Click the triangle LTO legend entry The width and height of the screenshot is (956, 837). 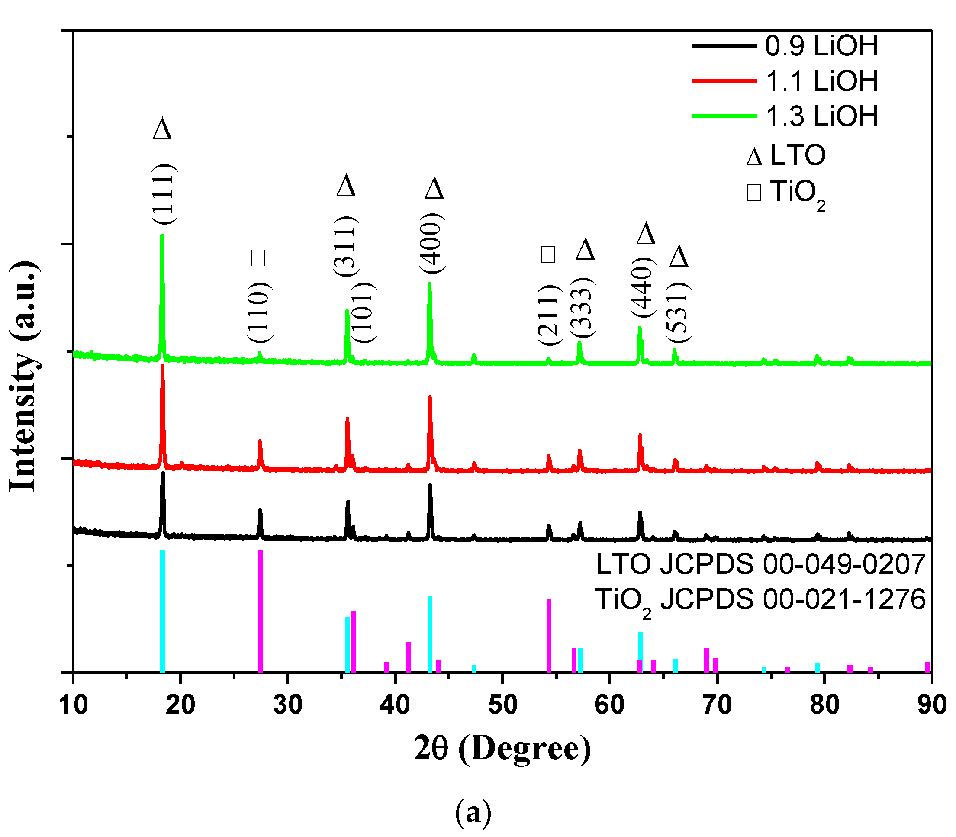786,155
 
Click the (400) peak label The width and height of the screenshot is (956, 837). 431,243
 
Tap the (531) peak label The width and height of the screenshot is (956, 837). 678,312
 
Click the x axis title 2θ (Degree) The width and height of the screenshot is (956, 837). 502,749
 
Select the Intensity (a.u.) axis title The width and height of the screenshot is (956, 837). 23,376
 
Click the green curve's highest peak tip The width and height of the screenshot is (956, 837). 162,236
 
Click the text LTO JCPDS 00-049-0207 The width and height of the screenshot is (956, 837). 760,564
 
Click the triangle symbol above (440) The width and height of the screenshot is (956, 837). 646,233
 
